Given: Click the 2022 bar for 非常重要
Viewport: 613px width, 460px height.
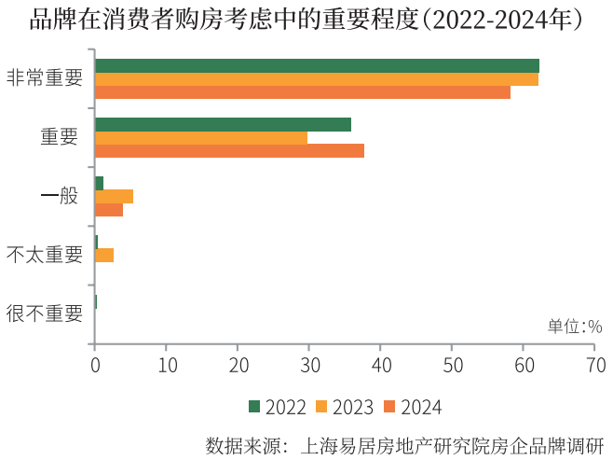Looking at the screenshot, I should coord(317,65).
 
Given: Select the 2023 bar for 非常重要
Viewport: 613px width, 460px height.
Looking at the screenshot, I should coord(317,79).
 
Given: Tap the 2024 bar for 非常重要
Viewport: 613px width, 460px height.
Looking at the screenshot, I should coord(303,92).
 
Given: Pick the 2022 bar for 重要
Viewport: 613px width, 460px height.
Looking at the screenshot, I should coord(223,124).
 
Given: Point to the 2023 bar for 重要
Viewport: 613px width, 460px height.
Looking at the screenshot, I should coord(201,138).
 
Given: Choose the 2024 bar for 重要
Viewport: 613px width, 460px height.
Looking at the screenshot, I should coord(229,150).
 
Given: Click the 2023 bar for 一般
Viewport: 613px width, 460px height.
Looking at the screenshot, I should coord(114,196).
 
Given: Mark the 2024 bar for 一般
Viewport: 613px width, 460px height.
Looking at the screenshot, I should coord(109,210).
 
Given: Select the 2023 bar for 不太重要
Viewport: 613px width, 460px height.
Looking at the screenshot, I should coord(104,255).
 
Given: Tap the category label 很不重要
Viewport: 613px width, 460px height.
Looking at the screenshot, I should coord(45,313).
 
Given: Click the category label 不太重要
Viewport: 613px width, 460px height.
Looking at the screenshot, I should coord(45,254).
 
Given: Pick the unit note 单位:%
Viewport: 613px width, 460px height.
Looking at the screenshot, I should coord(575,326).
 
